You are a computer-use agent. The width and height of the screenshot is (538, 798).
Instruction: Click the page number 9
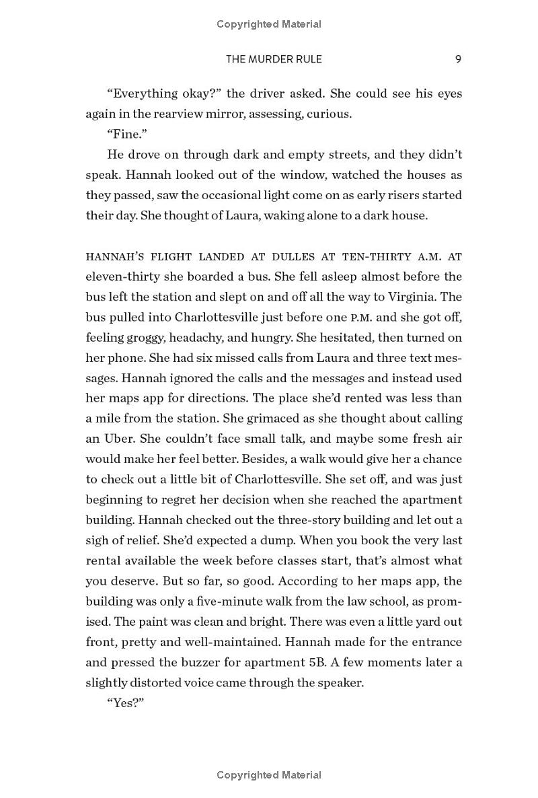coord(458,59)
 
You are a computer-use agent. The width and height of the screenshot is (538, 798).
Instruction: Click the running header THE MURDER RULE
coord(274,59)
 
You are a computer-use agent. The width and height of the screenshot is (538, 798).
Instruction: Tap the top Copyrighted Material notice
coord(269,24)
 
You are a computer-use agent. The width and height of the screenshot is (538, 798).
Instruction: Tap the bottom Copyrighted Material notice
coord(269,775)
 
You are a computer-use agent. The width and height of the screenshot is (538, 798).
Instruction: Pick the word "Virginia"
coord(423,297)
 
